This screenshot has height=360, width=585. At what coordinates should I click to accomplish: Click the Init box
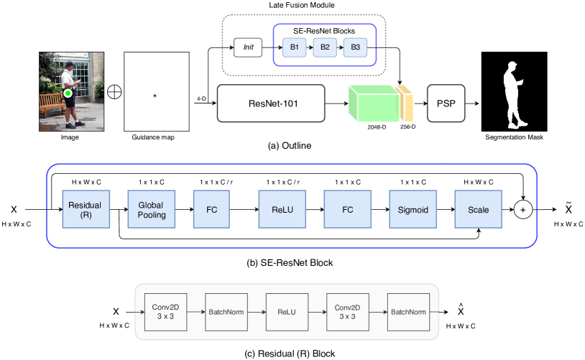pos(248,47)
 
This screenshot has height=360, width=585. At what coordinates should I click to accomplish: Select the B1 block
pos(294,47)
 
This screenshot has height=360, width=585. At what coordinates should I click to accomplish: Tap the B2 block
pos(325,47)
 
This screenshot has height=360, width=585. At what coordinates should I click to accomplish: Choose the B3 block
pos(355,47)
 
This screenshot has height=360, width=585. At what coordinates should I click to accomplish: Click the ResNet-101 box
pos(271,103)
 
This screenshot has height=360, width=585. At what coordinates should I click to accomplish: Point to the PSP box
pos(446,103)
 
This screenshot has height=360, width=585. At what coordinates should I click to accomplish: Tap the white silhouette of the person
pos(515,96)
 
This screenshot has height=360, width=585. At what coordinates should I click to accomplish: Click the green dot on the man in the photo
pos(68,93)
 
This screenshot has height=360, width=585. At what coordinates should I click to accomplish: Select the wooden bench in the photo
pos(51,105)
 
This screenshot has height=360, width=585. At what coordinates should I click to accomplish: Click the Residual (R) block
pos(86,209)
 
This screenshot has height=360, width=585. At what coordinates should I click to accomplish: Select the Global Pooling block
pos(151,209)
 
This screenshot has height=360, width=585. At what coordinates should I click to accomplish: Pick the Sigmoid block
pos(413,209)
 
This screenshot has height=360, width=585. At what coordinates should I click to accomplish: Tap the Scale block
pos(478,209)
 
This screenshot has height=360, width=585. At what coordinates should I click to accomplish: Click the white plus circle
pos(522,210)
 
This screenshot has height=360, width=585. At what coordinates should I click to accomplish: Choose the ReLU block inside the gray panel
pos(287,312)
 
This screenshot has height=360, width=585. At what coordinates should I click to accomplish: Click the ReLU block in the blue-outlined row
pos(282,209)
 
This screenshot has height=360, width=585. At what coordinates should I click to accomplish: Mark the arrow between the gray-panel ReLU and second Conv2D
pos(317,312)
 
